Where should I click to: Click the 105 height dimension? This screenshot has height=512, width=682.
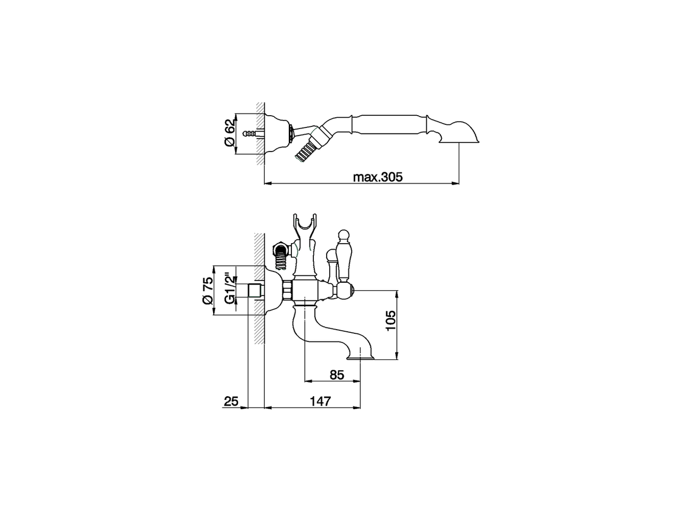coord(391,322)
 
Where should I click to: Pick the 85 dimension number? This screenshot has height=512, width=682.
coord(336,374)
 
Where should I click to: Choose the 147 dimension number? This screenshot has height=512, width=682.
coord(320,401)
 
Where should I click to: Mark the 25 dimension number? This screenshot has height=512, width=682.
coord(231,401)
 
